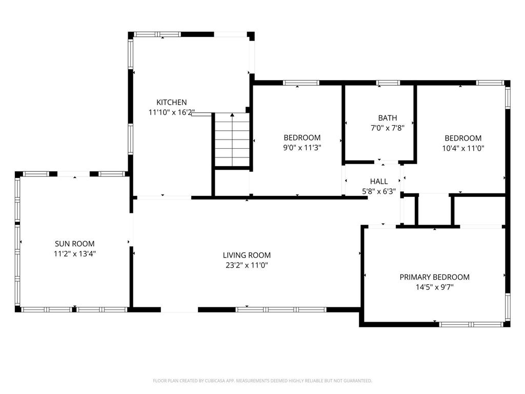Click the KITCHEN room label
[x=171, y=103]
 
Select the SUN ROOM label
[x=75, y=244]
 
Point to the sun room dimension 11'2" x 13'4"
[x=75, y=253]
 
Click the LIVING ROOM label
[x=247, y=255]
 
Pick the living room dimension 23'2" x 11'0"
[x=247, y=265]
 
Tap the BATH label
[x=388, y=118]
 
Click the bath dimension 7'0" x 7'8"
[x=388, y=128]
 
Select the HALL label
[x=379, y=181]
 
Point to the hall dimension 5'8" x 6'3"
[x=379, y=191]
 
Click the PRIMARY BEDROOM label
[x=434, y=277]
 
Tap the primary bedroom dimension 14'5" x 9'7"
[x=434, y=287]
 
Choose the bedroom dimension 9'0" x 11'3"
[x=302, y=148]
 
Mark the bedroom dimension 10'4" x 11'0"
[x=463, y=148]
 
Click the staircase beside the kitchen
[x=232, y=140]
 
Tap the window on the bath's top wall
[x=388, y=83]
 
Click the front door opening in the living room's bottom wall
[x=179, y=310]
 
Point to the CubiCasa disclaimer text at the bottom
[x=262, y=381]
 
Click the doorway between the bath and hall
[x=388, y=163]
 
